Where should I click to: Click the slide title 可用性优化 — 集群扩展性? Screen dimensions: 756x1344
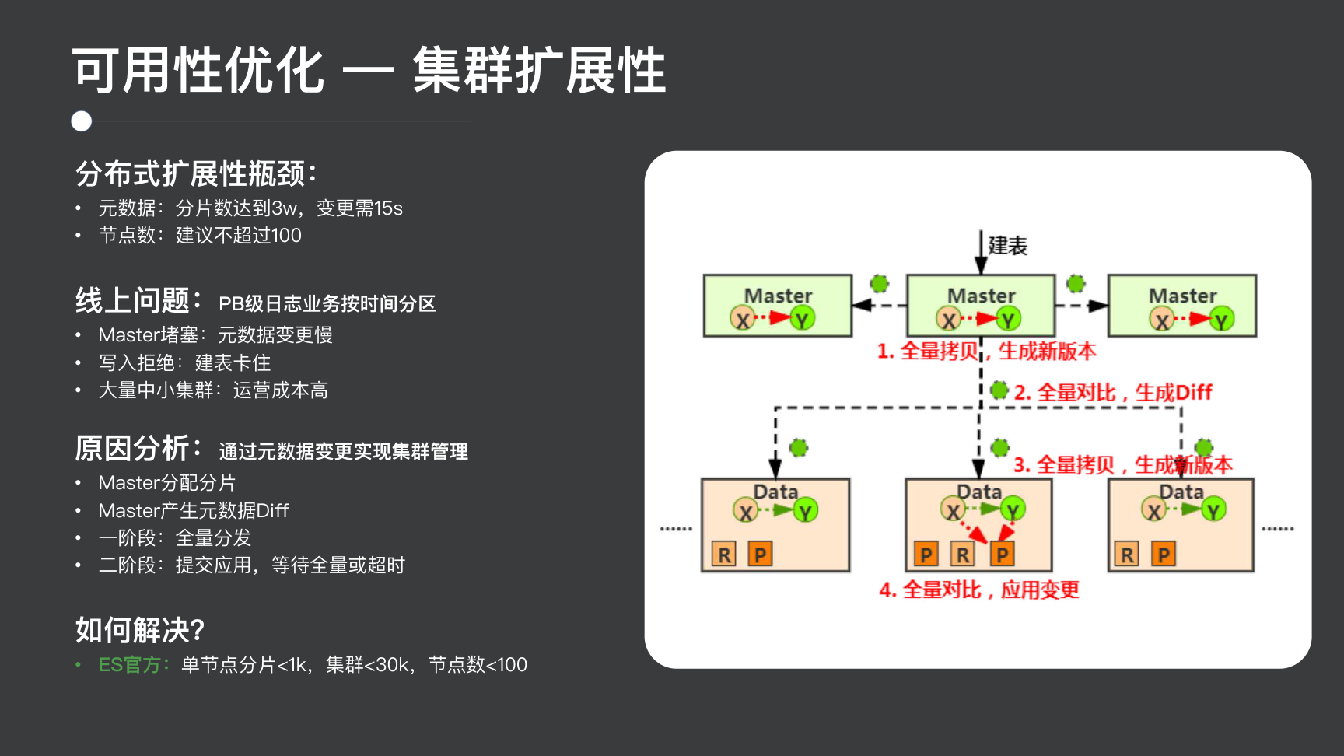point(369,70)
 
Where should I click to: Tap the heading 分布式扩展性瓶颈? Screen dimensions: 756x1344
point(196,173)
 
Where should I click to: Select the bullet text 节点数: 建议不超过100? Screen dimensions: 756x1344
point(200,235)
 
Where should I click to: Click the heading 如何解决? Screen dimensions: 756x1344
point(140,630)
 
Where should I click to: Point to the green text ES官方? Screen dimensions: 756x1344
point(133,665)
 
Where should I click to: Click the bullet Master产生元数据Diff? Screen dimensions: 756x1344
point(193,510)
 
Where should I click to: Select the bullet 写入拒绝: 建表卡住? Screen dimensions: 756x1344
point(184,362)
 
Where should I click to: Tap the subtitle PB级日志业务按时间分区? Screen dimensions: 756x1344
point(327,303)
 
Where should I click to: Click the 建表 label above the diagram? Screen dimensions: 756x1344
point(1007,246)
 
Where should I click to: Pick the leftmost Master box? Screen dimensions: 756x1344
point(778,305)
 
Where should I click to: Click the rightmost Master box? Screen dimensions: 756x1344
point(1182,305)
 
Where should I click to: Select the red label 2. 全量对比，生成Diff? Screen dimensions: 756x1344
point(1112,393)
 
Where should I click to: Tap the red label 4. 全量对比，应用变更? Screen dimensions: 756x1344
point(979,590)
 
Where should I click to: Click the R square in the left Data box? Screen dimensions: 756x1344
point(724,555)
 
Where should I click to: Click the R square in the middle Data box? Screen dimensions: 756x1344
point(963,555)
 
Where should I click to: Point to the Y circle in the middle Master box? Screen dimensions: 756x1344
point(1009,319)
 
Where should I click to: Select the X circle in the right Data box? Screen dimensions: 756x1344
point(1154,510)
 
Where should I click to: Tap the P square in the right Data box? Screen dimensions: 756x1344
point(1164,555)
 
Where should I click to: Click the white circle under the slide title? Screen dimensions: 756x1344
point(82,121)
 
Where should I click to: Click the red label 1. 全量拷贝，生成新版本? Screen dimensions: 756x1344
point(986,351)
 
